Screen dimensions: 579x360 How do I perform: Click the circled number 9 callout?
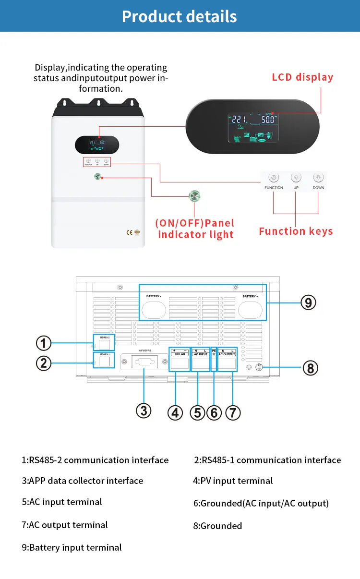(308, 302)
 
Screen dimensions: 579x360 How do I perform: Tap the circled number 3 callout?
(144, 410)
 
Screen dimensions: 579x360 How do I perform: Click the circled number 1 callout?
(44, 343)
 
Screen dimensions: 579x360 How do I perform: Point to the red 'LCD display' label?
(302, 77)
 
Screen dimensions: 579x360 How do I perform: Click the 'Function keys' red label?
(296, 231)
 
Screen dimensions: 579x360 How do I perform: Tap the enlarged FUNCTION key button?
(274, 177)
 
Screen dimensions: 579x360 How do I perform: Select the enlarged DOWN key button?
(318, 177)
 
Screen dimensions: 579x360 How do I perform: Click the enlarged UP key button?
(296, 177)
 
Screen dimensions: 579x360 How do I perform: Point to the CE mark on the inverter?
(129, 233)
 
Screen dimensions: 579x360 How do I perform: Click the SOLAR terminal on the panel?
(180, 363)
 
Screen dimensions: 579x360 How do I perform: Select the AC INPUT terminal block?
(201, 363)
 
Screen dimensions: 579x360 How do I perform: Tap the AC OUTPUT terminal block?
(227, 363)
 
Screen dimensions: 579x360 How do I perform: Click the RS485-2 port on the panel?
(104, 345)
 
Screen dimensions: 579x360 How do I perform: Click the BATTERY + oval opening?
(250, 310)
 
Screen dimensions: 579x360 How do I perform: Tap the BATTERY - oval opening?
(154, 310)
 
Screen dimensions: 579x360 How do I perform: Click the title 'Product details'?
(180, 16)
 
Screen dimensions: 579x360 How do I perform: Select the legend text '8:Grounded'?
(217, 526)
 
